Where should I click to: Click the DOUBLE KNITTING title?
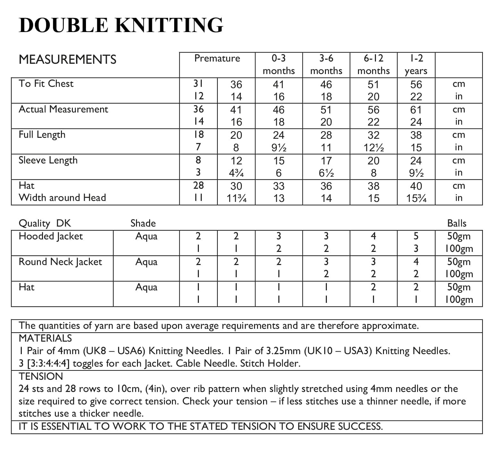pos(121,25)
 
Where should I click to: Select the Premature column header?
pos(217,58)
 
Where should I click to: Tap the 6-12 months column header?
pos(373,64)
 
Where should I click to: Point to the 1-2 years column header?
pos(416,64)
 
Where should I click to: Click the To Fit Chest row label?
pos(46,84)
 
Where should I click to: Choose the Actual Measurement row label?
pos(64,109)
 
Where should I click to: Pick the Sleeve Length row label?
pos(48,160)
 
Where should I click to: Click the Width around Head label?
pos(62,198)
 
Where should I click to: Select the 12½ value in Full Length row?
pos(373,147)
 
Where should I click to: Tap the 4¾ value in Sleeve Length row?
pos(236,173)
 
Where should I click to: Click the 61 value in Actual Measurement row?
pos(416,110)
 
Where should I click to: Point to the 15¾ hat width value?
pos(416,198)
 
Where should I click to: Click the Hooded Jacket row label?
pos(51,237)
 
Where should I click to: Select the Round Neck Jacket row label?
pos(60,262)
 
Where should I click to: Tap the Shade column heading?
pos(143,223)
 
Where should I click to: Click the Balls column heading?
pos(457,223)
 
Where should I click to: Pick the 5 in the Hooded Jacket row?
pos(416,236)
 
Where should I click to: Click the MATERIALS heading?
pos(45,338)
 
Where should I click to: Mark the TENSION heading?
pos(41,376)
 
